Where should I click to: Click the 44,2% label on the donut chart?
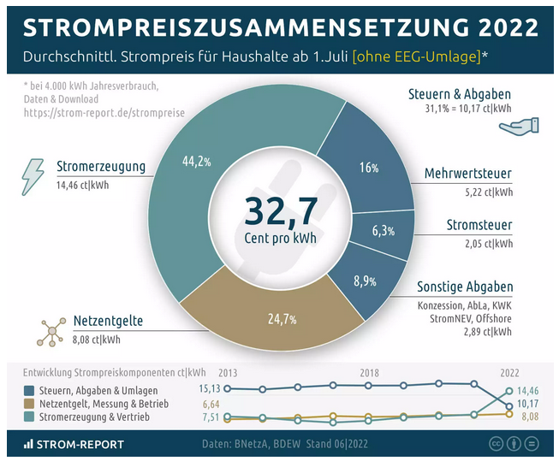pyautogui.click(x=198, y=161)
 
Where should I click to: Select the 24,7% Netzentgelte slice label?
pyautogui.click(x=282, y=319)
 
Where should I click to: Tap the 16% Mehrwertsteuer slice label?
pyautogui.click(x=369, y=168)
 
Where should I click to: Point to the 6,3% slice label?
pyautogui.click(x=383, y=231)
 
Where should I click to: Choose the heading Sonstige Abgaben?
pyautogui.click(x=465, y=287)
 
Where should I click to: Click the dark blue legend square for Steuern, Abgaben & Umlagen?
pyautogui.click(x=30, y=389)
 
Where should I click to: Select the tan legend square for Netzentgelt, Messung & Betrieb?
pyautogui.click(x=30, y=403)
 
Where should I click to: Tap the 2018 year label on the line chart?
pyautogui.click(x=369, y=373)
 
